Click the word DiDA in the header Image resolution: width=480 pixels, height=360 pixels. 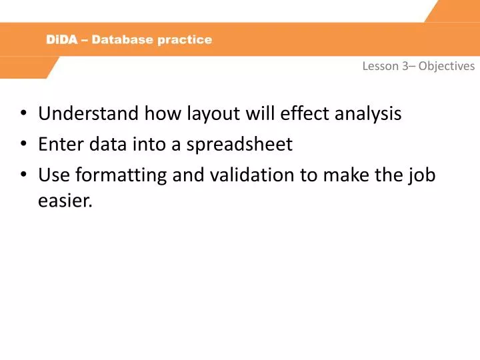[62, 39]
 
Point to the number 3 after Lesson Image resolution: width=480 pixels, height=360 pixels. [405, 66]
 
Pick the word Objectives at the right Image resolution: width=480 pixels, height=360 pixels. [447, 66]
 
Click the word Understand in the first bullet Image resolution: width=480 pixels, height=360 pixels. [82, 113]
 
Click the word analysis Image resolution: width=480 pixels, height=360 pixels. [367, 113]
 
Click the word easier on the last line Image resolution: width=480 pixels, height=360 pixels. [64, 201]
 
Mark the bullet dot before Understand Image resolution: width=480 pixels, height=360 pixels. [24, 114]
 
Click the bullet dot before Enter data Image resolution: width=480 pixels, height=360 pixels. [24, 145]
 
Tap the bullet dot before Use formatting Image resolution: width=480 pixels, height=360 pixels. [24, 175]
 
